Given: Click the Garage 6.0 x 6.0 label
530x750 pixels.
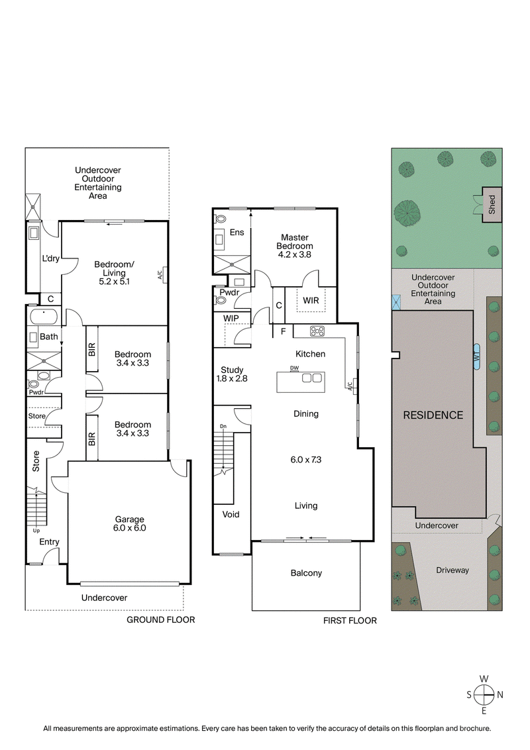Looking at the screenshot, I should click(x=130, y=523).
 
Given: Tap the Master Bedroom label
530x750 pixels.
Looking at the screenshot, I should click(x=295, y=242).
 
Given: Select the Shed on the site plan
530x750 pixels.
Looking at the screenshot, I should click(x=492, y=203).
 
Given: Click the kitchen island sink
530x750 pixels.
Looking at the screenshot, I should click(x=311, y=378).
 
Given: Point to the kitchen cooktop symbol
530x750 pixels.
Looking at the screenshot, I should click(x=317, y=331).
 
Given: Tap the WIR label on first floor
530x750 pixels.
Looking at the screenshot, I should click(x=311, y=301).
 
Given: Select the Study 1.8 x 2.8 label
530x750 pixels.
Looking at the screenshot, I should click(x=232, y=374).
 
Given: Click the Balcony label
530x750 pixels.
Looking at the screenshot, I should click(x=306, y=573).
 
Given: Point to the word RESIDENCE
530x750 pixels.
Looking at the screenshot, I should click(x=434, y=415).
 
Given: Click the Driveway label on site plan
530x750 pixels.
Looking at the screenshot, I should click(x=452, y=570).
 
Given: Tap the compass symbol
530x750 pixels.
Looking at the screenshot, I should click(x=484, y=694).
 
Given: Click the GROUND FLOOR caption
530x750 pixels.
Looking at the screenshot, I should click(x=161, y=620).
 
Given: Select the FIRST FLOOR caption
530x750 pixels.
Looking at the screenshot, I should click(x=350, y=621).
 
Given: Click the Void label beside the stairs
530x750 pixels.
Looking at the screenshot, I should click(x=231, y=514).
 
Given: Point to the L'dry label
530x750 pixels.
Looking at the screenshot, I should click(x=51, y=258).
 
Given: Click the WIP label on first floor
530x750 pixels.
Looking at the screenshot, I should click(x=231, y=319).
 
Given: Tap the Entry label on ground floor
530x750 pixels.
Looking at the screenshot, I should click(x=49, y=542).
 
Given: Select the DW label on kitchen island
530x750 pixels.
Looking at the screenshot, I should click(x=293, y=368).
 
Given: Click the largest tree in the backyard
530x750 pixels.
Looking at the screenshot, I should click(x=407, y=213).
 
